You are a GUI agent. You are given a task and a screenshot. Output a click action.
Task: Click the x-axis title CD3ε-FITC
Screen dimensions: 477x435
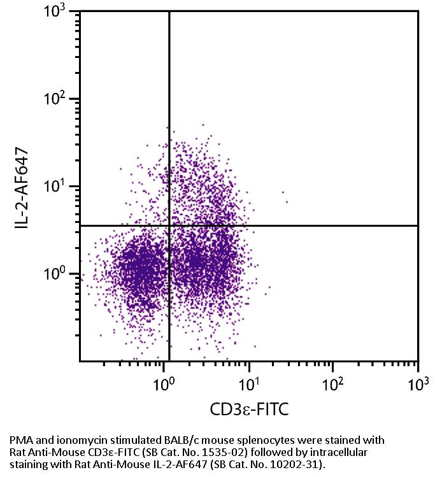click(x=249, y=409)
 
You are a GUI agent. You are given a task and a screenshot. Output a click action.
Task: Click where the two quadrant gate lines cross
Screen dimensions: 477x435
click(x=169, y=225)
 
